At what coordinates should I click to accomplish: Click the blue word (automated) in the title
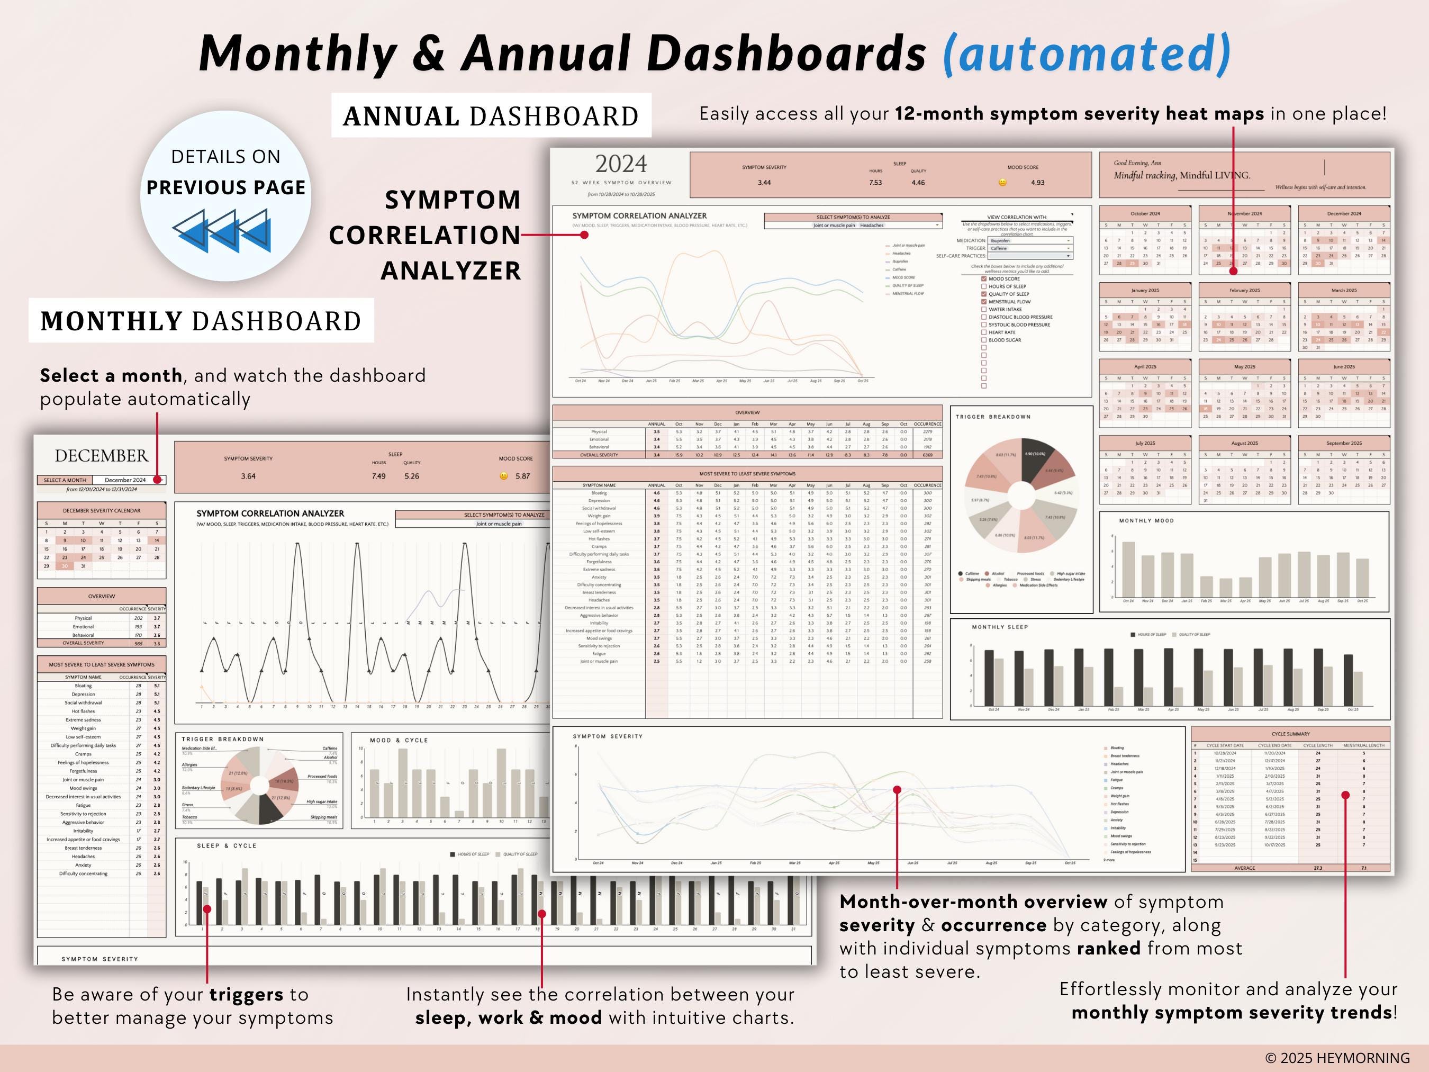(1087, 53)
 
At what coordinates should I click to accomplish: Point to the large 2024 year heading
(621, 164)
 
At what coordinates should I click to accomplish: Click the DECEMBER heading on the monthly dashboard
(102, 456)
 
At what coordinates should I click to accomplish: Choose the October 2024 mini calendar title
(1145, 213)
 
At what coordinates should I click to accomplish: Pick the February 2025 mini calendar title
(1244, 290)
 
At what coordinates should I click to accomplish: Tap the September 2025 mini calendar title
(1344, 443)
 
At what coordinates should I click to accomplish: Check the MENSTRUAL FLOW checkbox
(984, 302)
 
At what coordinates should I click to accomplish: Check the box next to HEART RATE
(984, 332)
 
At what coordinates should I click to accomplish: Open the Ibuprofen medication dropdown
(1030, 240)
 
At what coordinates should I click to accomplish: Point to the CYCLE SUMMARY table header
(1290, 734)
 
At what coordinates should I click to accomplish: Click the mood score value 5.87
(522, 476)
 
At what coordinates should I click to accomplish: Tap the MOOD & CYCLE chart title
(399, 741)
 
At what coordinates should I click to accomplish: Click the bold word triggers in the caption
(246, 995)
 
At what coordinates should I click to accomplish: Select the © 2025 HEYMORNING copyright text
(1337, 1058)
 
